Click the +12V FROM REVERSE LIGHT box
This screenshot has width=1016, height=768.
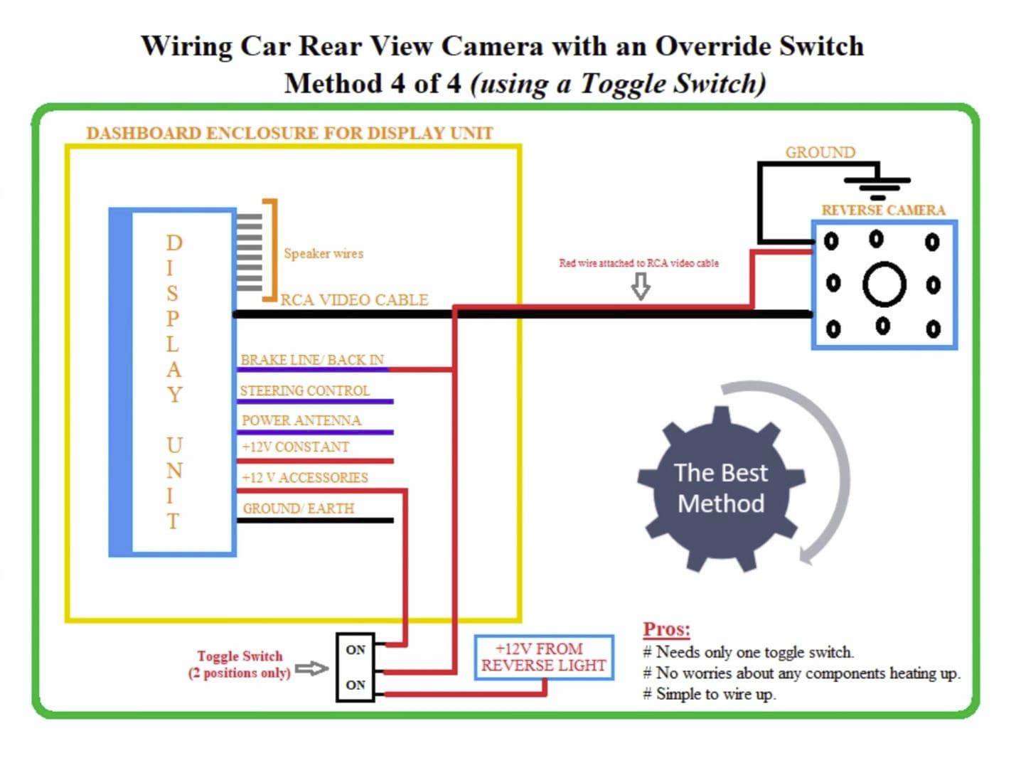point(544,657)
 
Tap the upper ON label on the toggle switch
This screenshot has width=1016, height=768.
point(355,650)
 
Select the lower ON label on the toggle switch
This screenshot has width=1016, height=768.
point(355,685)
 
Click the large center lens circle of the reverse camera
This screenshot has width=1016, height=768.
point(884,284)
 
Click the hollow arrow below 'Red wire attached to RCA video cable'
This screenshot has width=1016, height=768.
point(641,287)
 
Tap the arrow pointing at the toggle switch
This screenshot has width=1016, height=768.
point(312,668)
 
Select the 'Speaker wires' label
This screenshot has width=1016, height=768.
point(323,254)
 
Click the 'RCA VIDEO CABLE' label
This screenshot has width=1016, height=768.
point(354,300)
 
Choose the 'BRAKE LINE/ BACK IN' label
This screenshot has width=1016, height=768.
point(312,360)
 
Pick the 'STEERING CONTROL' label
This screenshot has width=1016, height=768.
point(304,390)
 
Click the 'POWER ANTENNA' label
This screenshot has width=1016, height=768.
point(301,420)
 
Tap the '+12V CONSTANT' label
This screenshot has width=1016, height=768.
point(295,447)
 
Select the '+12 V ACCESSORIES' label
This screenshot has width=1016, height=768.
point(305,478)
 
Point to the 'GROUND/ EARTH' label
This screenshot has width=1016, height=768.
point(299,508)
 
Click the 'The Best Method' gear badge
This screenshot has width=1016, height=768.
point(721,489)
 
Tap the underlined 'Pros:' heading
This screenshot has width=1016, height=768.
point(666,629)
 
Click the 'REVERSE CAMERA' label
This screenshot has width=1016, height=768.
point(883,210)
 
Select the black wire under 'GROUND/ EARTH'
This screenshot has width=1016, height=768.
point(315,521)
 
